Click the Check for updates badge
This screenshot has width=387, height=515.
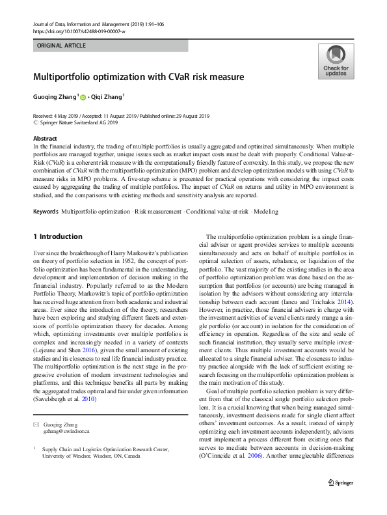tap(336, 62)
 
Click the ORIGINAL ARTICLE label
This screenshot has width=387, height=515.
tap(61, 46)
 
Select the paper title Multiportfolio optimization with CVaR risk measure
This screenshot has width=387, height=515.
tap(139, 77)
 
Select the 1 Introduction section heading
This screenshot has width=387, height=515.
tap(57, 236)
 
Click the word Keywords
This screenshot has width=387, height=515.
tap(45, 212)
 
